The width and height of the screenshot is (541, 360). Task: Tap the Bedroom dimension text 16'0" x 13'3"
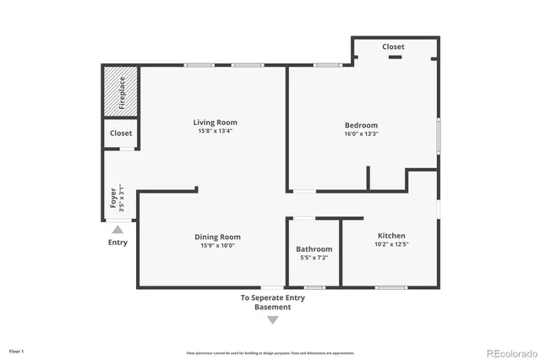361,134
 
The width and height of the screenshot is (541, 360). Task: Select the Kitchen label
391,236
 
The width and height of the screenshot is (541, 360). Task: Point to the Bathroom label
314,249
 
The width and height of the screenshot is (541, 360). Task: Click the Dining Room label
218,237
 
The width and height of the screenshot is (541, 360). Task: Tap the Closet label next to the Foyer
121,134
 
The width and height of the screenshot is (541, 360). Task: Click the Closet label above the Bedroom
393,47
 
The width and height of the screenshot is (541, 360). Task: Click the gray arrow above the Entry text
117,229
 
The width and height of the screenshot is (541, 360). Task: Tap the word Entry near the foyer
117,243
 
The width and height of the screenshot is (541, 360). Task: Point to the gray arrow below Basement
272,319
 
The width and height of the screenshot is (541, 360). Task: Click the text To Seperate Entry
272,297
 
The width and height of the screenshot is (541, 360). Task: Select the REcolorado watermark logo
509,352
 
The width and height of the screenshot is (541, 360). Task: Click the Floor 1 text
17,350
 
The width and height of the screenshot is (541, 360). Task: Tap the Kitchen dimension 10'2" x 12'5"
391,244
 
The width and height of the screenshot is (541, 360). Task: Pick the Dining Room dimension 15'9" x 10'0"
218,246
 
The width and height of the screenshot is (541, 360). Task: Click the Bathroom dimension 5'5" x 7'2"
314,258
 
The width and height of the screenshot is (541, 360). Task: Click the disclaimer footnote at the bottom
270,352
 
